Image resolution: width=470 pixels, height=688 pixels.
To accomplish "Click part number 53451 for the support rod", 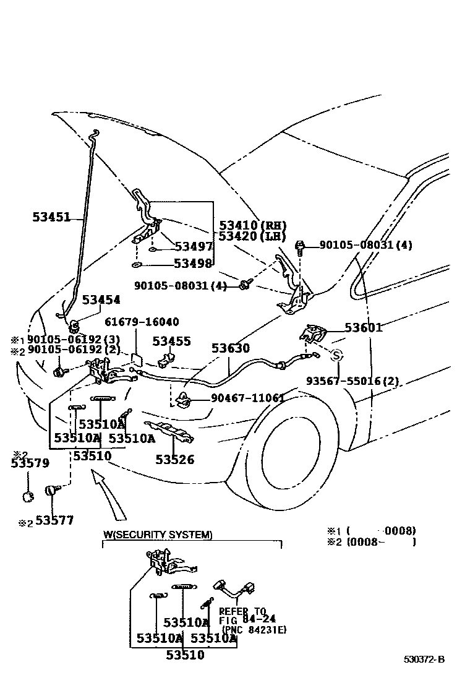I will [51, 217].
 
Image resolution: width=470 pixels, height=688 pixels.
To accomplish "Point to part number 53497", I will [194, 247].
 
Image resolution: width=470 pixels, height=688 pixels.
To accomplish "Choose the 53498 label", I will [193, 264].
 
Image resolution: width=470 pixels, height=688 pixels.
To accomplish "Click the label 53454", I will [101, 300].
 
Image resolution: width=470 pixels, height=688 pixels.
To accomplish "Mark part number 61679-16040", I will [142, 322].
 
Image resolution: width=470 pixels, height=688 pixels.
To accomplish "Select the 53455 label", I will [172, 342].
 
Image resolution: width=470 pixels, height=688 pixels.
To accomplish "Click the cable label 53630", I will [231, 349].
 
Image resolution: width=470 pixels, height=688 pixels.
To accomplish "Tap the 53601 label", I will [364, 328].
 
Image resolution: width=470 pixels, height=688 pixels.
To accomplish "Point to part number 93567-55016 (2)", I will [353, 381].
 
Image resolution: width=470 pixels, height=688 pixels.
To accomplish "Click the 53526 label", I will [174, 460].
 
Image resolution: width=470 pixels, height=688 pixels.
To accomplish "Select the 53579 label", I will [30, 465].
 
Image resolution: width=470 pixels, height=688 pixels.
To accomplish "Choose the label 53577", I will [54, 521].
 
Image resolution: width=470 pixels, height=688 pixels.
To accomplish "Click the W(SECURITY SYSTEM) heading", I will [158, 535].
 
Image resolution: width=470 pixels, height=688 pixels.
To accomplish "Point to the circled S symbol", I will [337, 355].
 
